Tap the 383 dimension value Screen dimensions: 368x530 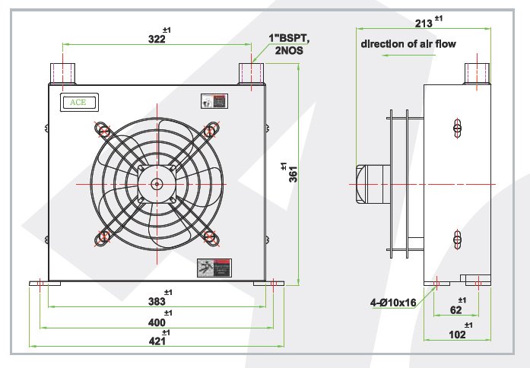[157, 302]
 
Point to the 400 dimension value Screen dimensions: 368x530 [157, 323]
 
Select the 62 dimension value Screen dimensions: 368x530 [455, 309]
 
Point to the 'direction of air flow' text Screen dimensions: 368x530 [408, 44]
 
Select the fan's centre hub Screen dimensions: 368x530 [157, 183]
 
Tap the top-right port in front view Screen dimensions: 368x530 [250, 74]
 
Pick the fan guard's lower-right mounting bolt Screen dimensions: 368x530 [212, 239]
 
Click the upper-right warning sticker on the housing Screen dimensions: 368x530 [214, 101]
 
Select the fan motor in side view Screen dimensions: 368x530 [371, 184]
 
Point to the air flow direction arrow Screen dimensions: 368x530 [408, 56]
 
